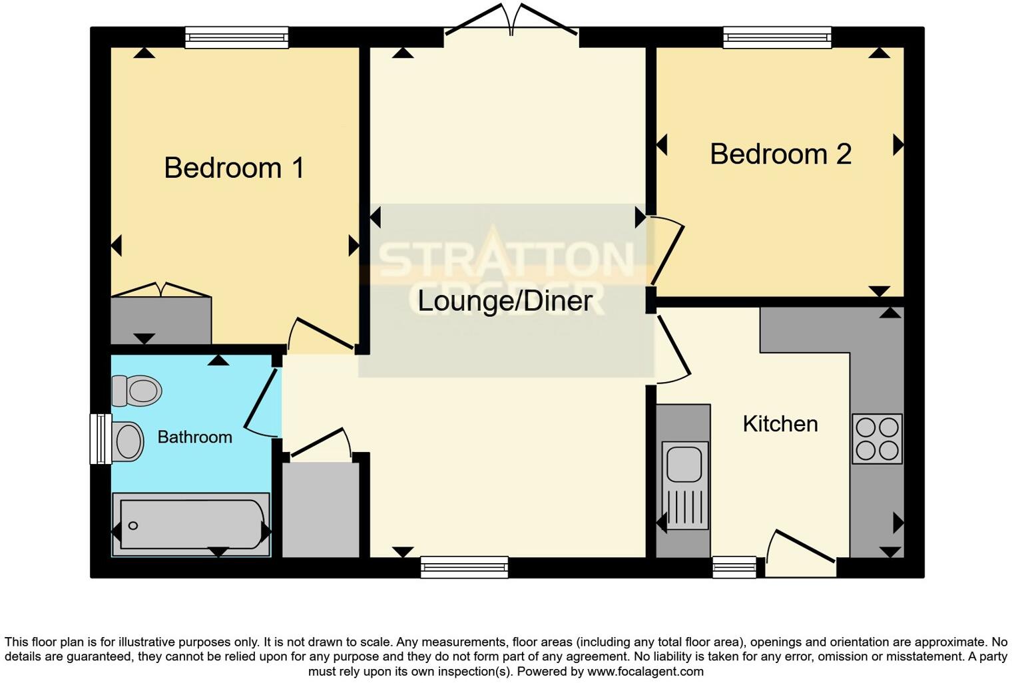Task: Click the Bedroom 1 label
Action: pyautogui.click(x=234, y=168)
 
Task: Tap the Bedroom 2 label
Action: pyautogui.click(x=780, y=154)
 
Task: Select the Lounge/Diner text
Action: pyautogui.click(x=505, y=301)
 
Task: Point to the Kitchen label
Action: pyautogui.click(x=780, y=424)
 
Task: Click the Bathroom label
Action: pyautogui.click(x=194, y=437)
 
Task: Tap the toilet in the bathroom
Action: pyautogui.click(x=137, y=390)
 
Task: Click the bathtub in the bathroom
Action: pyautogui.click(x=191, y=525)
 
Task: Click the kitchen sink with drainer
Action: pyautogui.click(x=684, y=485)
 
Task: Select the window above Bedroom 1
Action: pyautogui.click(x=236, y=37)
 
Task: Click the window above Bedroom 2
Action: pyautogui.click(x=777, y=37)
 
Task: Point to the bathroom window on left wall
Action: pyautogui.click(x=101, y=439)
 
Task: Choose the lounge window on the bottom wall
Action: pyautogui.click(x=464, y=568)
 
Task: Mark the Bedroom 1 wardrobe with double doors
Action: pyautogui.click(x=160, y=318)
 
